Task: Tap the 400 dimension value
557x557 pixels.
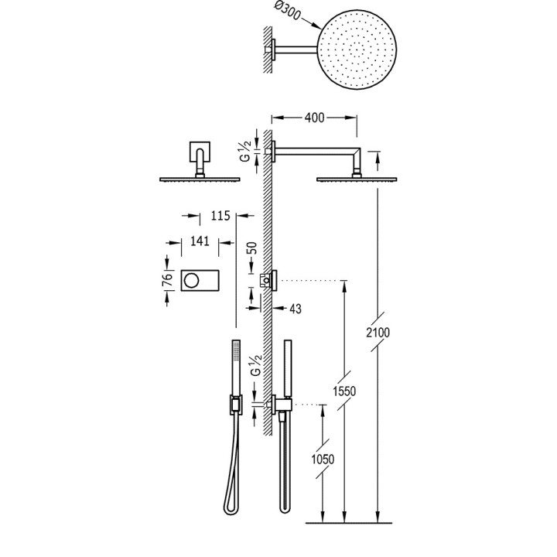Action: pyautogui.click(x=314, y=118)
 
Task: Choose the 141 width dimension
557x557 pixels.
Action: pyautogui.click(x=200, y=241)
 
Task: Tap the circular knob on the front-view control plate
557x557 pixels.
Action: pyautogui.click(x=192, y=279)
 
